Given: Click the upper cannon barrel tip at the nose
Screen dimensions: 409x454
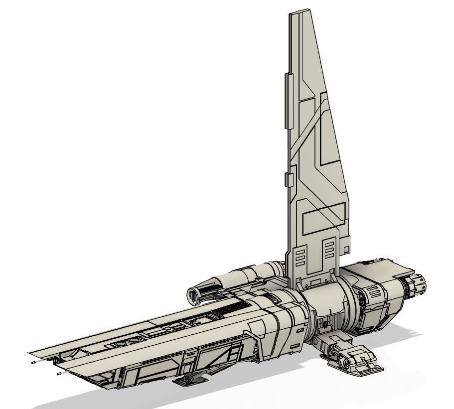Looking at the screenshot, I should (33, 363).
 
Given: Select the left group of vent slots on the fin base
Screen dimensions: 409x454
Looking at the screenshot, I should (301, 259).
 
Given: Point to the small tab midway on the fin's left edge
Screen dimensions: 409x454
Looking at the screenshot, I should (287, 180).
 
